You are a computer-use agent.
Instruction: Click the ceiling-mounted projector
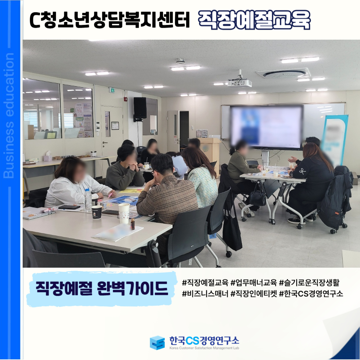click(x=240, y=83)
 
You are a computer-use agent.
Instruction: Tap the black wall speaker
click(x=140, y=108)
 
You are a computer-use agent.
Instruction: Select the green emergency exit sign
click(x=112, y=90)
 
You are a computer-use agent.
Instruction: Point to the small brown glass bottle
click(x=133, y=224)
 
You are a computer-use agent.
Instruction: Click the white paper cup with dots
click(x=124, y=214)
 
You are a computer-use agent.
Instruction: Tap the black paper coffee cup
click(x=97, y=212)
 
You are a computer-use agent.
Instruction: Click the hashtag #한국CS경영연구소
click(x=311, y=294)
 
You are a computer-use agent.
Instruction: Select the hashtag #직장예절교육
click(x=205, y=283)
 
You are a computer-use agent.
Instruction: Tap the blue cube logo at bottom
click(x=157, y=343)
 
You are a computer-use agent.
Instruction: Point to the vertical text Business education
click(x=9, y=116)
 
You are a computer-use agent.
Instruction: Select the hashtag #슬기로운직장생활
click(x=309, y=283)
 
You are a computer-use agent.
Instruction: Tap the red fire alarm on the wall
click(x=125, y=99)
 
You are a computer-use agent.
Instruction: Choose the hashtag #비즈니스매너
click(x=205, y=294)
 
